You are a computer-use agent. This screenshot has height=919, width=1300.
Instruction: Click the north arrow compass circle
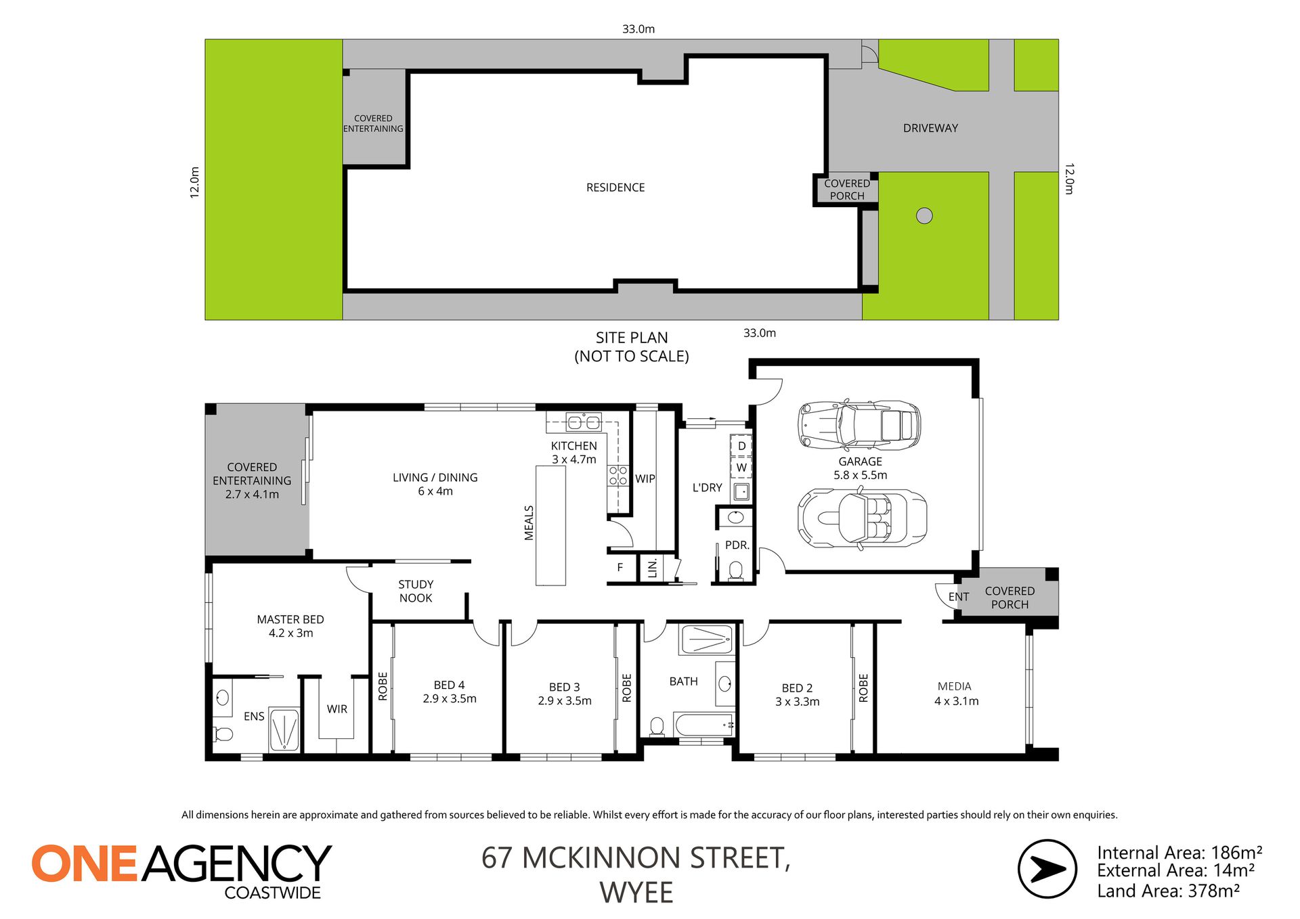coord(1047,869)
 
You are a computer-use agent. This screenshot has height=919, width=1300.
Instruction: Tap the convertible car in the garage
coord(862,519)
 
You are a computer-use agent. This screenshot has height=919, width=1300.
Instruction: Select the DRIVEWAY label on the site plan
coord(930,128)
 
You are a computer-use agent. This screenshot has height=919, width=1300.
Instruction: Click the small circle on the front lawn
coord(924,215)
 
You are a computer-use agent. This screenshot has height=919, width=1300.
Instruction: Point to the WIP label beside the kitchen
coord(645,478)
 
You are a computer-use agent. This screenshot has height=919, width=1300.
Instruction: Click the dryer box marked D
coord(741,446)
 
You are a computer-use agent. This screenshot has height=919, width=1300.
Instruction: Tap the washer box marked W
coord(741,467)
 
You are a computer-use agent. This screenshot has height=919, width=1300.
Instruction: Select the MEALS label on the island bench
coord(529,522)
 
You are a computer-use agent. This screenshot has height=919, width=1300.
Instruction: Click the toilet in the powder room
coord(735,571)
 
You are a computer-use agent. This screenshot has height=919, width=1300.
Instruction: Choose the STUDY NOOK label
coord(416,591)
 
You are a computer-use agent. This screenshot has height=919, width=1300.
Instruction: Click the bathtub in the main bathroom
coord(704,725)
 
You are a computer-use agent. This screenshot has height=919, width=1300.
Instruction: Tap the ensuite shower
coord(284,730)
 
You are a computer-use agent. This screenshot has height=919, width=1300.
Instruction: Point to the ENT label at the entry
coord(959,596)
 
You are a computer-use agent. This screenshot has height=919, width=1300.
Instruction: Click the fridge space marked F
coord(620,567)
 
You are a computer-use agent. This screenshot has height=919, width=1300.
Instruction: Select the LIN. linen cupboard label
coord(653,568)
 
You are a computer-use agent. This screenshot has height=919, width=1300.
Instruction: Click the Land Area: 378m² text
coord(1169,891)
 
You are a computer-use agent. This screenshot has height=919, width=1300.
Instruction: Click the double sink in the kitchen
coord(584,422)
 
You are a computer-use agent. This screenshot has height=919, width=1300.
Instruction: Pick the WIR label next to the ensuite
coord(337,709)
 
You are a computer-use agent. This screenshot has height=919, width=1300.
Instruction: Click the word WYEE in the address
coord(636,893)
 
